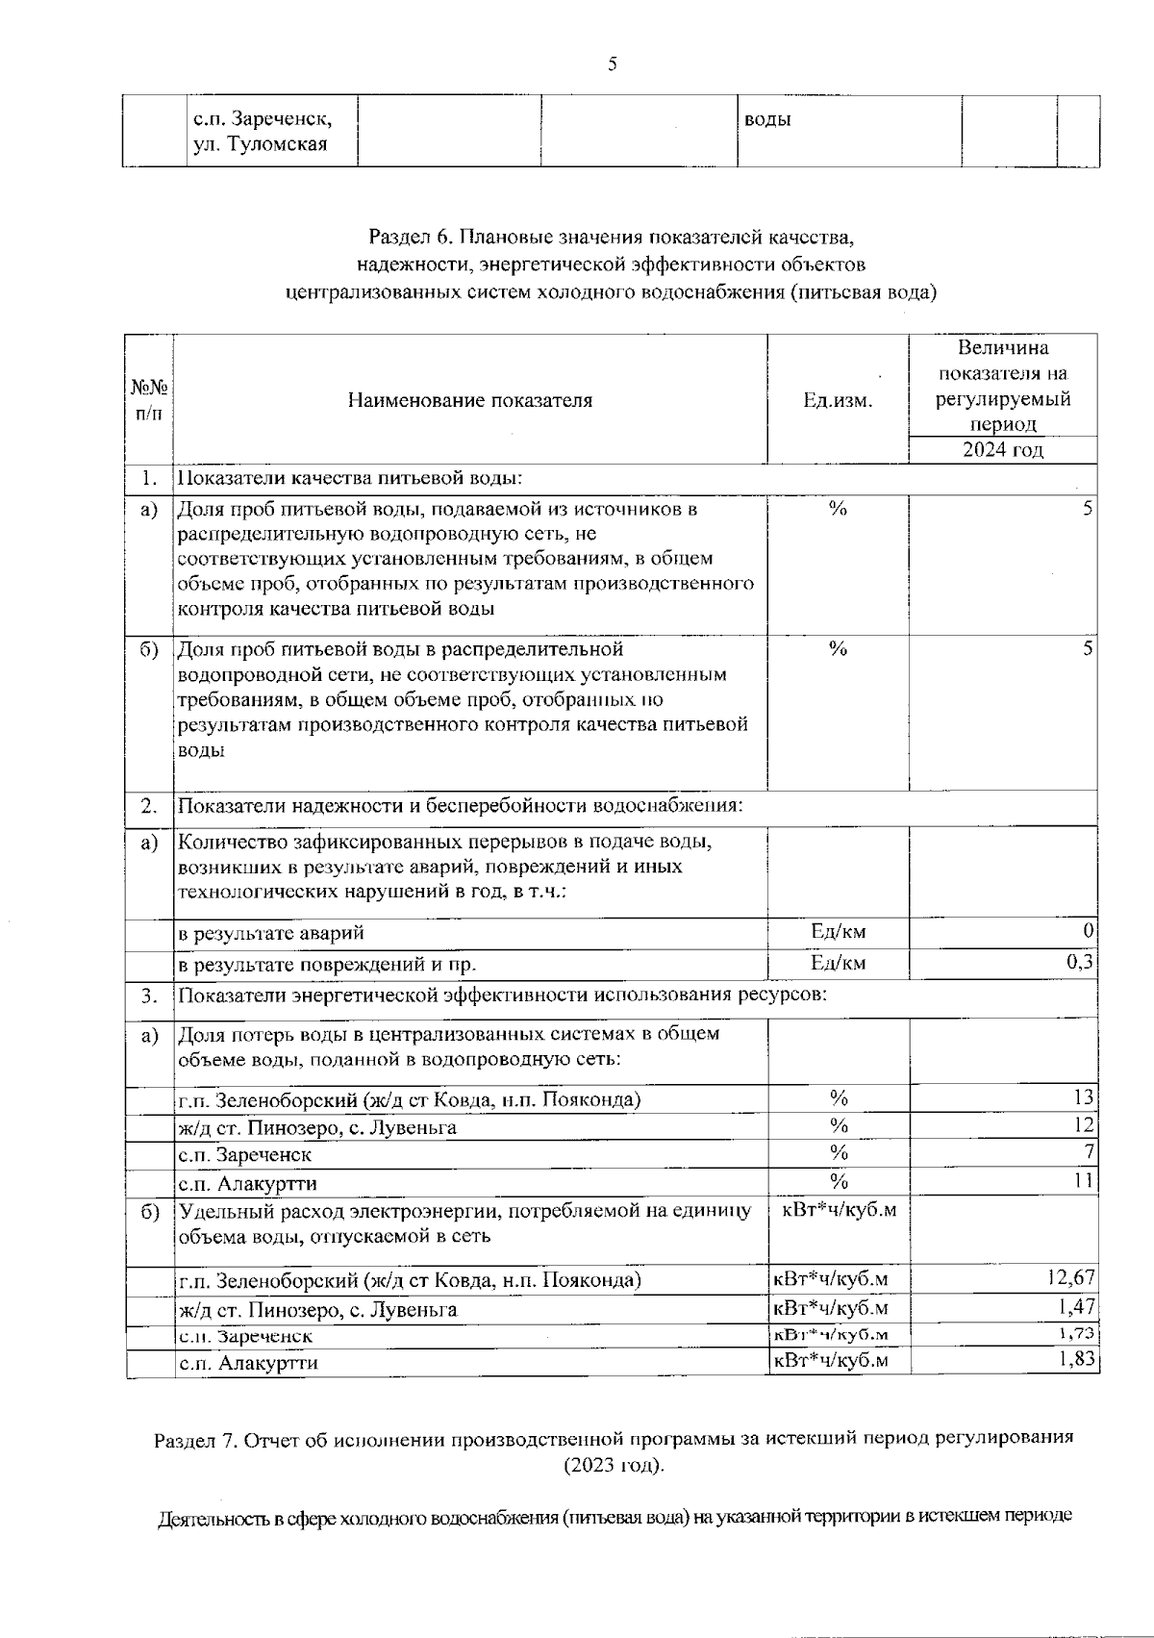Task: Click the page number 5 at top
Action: point(613,65)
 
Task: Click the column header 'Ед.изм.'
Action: point(838,400)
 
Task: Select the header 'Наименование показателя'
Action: point(470,400)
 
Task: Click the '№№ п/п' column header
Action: point(149,400)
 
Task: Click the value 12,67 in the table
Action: point(1069,1277)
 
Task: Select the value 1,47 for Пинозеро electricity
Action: point(1075,1306)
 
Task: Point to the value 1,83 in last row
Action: point(1075,1359)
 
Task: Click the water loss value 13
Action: point(1084,1096)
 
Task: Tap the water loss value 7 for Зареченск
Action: point(1089,1151)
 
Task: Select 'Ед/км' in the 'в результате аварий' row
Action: point(838,930)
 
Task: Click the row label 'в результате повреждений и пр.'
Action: point(328,964)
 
